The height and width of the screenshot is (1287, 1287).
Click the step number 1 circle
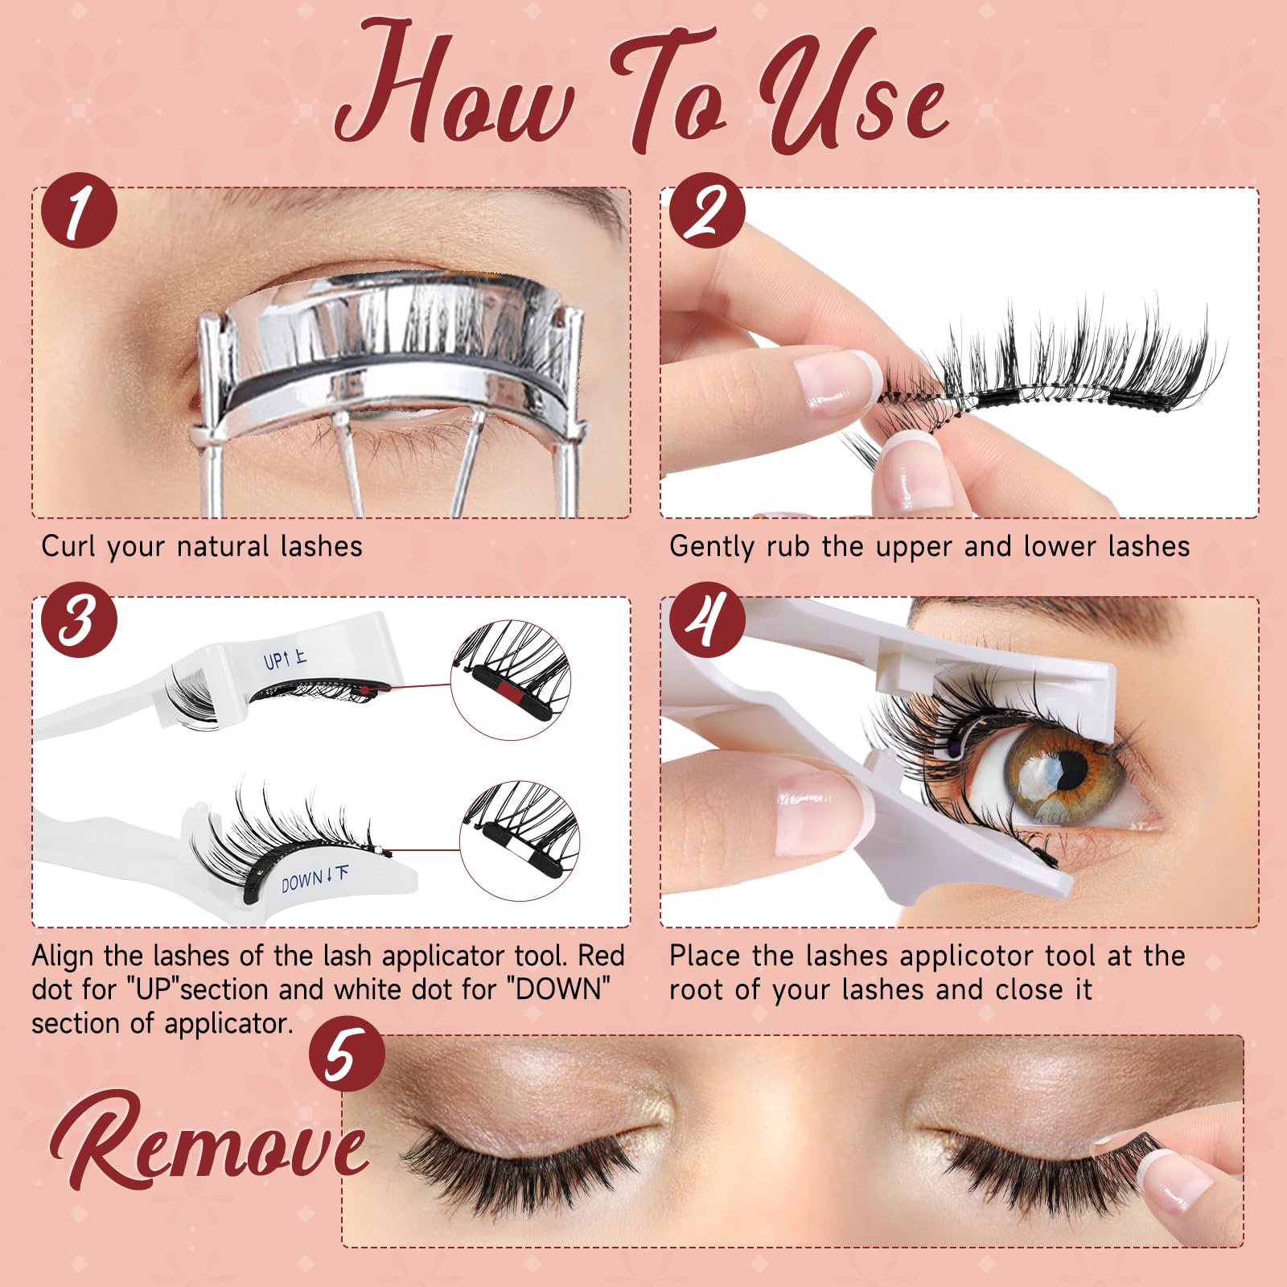click(x=79, y=211)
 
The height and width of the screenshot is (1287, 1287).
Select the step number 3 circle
click(x=79, y=619)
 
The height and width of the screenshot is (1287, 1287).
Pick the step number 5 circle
click(x=347, y=1054)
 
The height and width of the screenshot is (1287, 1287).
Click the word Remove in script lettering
click(x=209, y=1142)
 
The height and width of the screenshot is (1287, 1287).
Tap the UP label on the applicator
click(x=285, y=660)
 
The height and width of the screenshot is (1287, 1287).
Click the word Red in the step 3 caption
click(x=601, y=956)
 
